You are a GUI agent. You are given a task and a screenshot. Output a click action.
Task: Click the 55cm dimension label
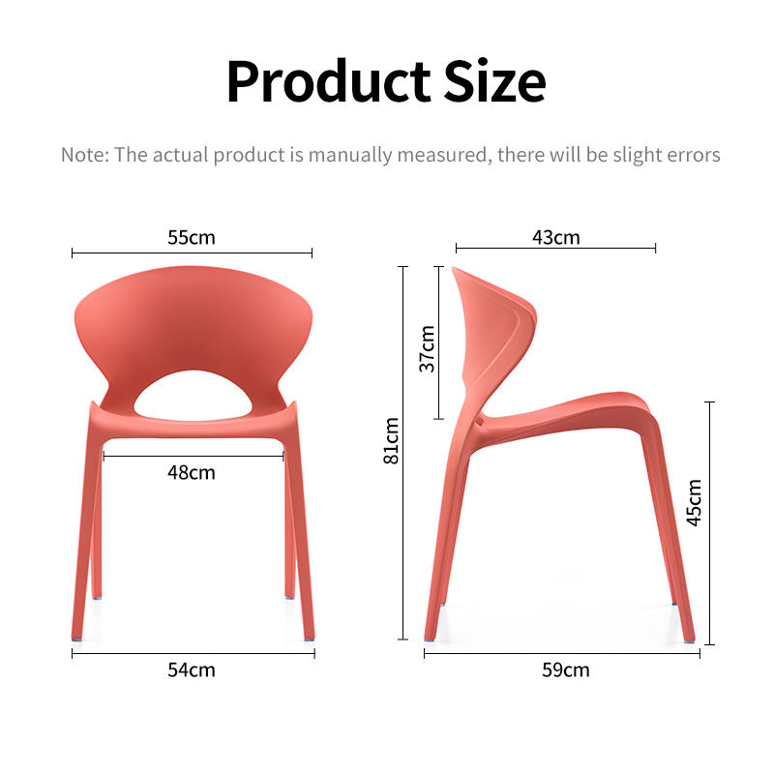point(192,237)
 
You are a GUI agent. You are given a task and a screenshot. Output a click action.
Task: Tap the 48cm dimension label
point(192,473)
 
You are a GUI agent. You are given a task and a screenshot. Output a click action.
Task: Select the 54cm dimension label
point(192,670)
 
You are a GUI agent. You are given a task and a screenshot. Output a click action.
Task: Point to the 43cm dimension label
point(555,237)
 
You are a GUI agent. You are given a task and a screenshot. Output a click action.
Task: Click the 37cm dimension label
point(428,348)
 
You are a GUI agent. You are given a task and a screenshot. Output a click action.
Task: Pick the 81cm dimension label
point(391,441)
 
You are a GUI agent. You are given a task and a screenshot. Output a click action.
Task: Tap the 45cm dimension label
point(694,503)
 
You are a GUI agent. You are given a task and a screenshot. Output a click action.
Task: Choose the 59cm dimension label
point(566,670)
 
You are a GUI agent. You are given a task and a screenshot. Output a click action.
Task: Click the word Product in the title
point(329,81)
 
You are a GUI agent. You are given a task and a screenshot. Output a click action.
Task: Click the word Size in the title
point(494,81)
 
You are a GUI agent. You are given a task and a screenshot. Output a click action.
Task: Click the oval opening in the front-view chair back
point(193,395)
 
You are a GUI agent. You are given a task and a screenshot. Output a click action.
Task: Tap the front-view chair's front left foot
point(76,638)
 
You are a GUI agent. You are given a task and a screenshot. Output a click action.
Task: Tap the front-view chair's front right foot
point(309,638)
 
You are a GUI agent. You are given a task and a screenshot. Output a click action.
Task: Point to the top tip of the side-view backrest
point(453,268)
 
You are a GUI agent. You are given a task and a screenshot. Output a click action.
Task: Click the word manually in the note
point(350,155)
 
